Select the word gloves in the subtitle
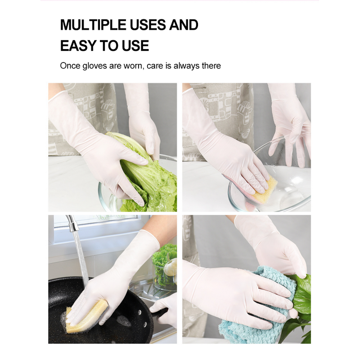click(x=93, y=66)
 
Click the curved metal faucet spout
click(x=71, y=221)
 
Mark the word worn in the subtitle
click(x=134, y=66)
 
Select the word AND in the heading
click(x=183, y=25)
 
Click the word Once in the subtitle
click(x=70, y=66)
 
